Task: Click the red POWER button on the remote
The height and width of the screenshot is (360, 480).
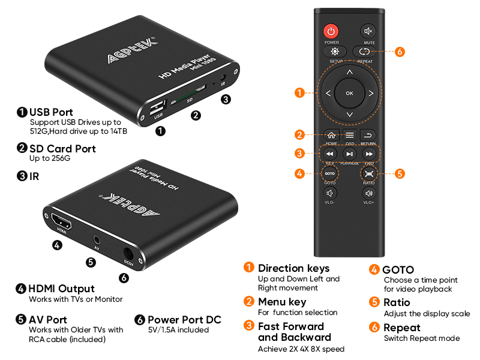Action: (x=331, y=31)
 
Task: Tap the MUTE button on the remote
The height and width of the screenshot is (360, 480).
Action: (x=368, y=31)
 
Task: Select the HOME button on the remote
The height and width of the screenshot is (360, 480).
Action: (x=331, y=135)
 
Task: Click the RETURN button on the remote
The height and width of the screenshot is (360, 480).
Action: (x=368, y=135)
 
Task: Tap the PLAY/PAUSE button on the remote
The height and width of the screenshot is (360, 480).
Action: (x=350, y=154)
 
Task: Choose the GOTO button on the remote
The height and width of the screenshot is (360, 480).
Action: (x=330, y=173)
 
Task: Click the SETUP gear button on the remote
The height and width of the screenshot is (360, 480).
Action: (x=331, y=52)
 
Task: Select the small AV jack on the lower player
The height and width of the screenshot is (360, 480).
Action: (x=96, y=239)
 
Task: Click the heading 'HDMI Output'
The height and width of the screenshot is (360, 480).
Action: (x=62, y=289)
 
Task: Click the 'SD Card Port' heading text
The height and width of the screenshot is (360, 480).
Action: (x=62, y=148)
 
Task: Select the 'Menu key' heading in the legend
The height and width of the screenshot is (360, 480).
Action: (x=282, y=302)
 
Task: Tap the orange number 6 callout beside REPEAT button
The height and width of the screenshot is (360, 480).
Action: (x=400, y=52)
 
